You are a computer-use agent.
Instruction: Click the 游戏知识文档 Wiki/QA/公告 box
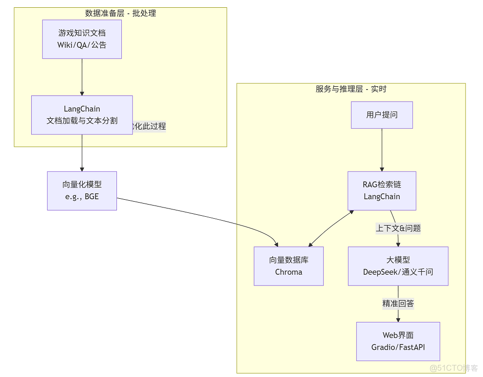pyautogui.click(x=82, y=39)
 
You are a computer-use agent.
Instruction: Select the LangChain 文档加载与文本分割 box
pyautogui.click(x=82, y=115)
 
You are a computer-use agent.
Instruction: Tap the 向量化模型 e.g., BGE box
pyautogui.click(x=82, y=190)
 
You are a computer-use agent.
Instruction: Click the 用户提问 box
pyautogui.click(x=382, y=115)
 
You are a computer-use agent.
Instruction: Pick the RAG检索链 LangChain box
pyautogui.click(x=382, y=190)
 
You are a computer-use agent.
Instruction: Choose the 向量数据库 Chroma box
pyautogui.click(x=289, y=266)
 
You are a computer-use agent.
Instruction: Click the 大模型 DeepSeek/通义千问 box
pyautogui.click(x=398, y=266)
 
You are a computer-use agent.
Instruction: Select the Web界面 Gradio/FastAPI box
pyautogui.click(x=398, y=341)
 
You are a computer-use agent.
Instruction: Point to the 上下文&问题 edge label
pyautogui.click(x=398, y=228)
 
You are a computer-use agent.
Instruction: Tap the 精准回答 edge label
pyautogui.click(x=398, y=303)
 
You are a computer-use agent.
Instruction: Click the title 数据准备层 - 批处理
pyautogui.click(x=121, y=13)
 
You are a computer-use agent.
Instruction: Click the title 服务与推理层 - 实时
pyautogui.click(x=351, y=89)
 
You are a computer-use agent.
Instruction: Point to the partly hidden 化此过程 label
pyautogui.click(x=149, y=126)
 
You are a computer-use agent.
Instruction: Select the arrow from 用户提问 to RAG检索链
pyautogui.click(x=382, y=150)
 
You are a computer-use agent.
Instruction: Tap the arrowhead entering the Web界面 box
pyautogui.click(x=398, y=319)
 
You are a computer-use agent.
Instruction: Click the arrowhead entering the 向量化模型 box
pyautogui.click(x=82, y=168)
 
